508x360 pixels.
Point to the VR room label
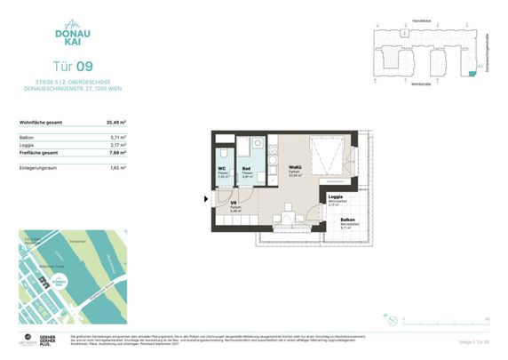click(234, 204)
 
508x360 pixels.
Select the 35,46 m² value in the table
click(116, 122)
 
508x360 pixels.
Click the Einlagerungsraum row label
click(38, 167)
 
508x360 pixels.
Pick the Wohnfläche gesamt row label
click(42, 122)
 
